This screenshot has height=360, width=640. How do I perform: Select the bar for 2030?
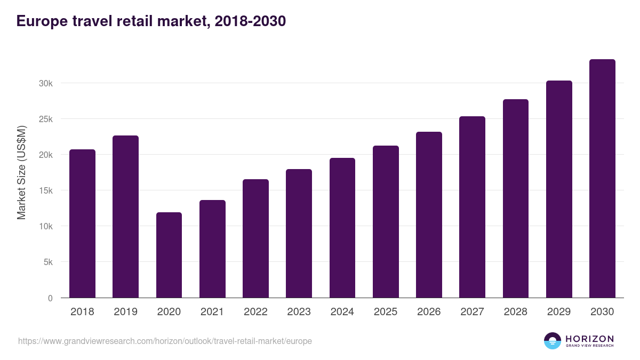(x=602, y=179)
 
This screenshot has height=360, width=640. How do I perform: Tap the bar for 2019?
(x=125, y=217)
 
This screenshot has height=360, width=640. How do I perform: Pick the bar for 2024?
(x=342, y=228)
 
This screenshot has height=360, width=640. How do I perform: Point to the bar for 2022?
(x=255, y=238)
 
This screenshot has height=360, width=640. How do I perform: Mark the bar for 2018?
(x=82, y=223)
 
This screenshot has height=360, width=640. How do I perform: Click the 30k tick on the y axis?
(x=45, y=83)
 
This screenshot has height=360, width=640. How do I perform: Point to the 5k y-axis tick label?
(x=47, y=262)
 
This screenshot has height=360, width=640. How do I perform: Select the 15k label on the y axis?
(x=45, y=190)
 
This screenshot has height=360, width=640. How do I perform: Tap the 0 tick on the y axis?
(x=50, y=298)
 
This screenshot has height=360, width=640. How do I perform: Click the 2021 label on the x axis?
(x=212, y=312)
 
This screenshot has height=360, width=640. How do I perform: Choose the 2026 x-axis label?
(x=429, y=312)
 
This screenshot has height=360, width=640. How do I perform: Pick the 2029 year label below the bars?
(x=559, y=312)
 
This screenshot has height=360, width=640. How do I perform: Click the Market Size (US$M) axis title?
(x=21, y=173)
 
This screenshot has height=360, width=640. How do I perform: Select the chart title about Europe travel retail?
(x=151, y=21)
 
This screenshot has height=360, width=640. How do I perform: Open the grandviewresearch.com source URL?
(x=165, y=341)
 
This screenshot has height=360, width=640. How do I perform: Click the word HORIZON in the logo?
(x=589, y=339)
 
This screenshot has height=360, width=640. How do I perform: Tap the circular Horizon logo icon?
(x=553, y=341)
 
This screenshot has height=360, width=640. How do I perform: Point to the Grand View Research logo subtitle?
(x=589, y=346)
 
